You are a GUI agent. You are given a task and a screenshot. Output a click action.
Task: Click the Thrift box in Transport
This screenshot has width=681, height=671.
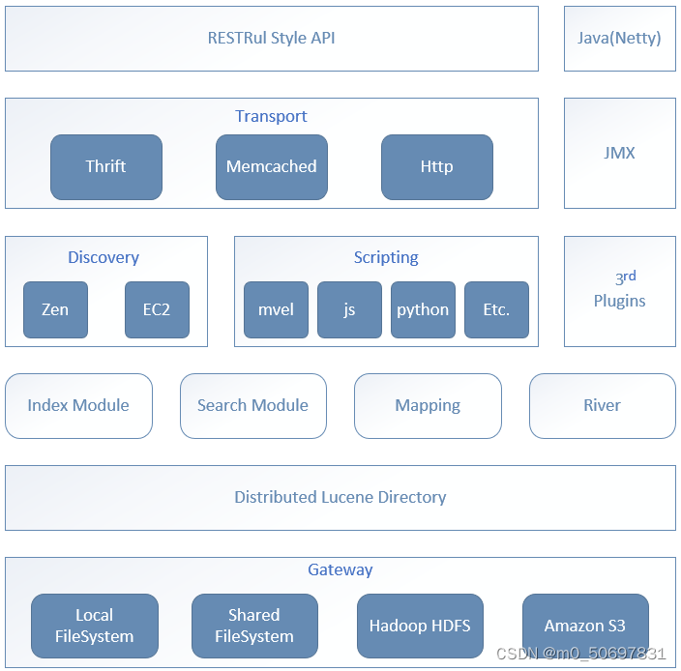(x=106, y=167)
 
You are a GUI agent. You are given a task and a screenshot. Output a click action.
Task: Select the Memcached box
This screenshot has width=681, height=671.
(x=272, y=167)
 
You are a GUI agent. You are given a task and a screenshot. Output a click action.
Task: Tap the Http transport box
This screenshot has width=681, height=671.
(x=437, y=167)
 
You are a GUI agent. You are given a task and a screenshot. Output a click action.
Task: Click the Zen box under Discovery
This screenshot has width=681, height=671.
(x=55, y=310)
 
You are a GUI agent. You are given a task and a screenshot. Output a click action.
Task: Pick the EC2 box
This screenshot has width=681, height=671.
(x=157, y=310)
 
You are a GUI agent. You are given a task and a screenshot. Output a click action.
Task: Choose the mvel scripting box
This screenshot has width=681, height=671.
(x=277, y=310)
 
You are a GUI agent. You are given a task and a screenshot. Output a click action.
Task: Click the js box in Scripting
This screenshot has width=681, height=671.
(x=349, y=310)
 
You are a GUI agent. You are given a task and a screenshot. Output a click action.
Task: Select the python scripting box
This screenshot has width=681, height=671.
(x=423, y=310)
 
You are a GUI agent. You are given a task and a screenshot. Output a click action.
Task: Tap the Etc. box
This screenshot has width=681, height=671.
(x=497, y=310)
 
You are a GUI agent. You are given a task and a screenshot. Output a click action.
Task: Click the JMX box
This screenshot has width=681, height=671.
(x=620, y=153)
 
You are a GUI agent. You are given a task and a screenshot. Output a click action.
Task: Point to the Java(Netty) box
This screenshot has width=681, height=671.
(x=620, y=39)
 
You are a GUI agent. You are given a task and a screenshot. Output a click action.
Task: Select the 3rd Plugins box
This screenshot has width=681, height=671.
(x=620, y=291)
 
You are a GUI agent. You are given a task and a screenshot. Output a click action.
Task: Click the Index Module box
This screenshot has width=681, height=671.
(x=78, y=406)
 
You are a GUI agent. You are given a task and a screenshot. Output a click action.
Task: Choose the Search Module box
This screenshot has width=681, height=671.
(x=253, y=406)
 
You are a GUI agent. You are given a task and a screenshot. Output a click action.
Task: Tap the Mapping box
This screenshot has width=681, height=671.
(x=428, y=406)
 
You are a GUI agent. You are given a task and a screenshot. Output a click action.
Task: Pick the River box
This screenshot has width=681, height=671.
(x=603, y=406)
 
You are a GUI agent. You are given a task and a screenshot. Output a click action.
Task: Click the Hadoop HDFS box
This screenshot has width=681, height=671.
(x=420, y=626)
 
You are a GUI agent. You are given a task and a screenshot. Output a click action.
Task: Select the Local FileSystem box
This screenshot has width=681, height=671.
(x=95, y=626)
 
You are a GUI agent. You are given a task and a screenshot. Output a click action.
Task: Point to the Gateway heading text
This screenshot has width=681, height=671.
(x=340, y=569)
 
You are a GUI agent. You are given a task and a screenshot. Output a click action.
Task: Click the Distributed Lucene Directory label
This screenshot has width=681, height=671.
(x=340, y=497)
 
